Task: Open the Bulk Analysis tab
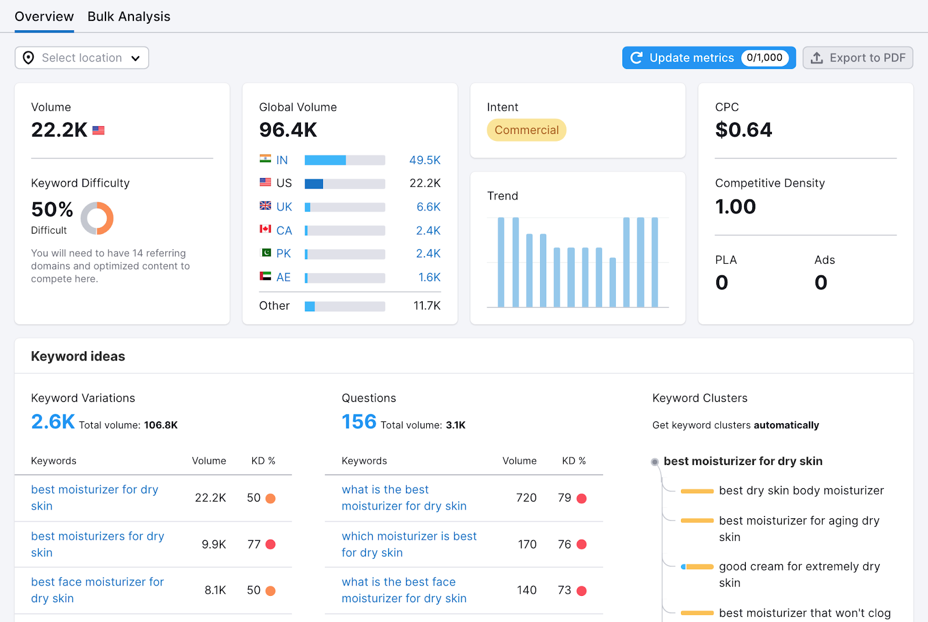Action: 129,17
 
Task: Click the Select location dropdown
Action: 82,58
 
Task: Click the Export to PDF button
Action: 858,58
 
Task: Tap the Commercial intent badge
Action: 526,130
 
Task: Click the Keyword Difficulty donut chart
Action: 97,219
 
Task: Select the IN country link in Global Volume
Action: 282,160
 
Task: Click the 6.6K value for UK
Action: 428,207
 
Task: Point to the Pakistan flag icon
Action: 266,253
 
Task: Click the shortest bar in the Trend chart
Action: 612,282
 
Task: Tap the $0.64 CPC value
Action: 744,130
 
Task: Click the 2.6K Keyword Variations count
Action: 53,421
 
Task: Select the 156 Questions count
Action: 359,421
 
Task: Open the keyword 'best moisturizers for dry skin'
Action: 97,544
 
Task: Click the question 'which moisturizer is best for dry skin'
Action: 409,544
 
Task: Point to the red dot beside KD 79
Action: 581,498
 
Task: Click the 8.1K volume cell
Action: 215,590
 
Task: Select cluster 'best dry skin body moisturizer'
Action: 801,490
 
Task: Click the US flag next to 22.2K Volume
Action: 99,130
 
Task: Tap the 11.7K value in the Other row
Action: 427,305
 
